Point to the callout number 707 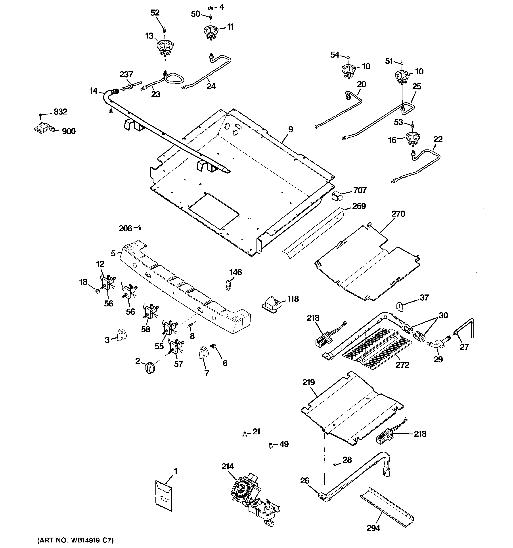[360, 190]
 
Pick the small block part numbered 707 [337, 196]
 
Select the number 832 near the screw [60, 112]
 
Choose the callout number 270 [398, 214]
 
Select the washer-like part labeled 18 [97, 291]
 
